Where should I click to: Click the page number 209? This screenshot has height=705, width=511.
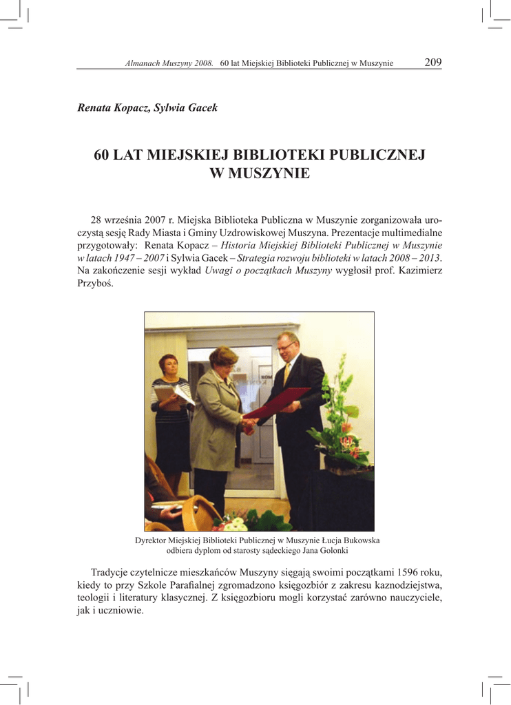432,63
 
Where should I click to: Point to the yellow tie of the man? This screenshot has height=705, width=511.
286,372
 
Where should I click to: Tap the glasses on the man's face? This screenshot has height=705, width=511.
285,347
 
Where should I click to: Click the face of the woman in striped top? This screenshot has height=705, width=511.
169,366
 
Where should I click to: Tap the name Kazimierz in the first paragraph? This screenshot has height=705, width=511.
421,271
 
